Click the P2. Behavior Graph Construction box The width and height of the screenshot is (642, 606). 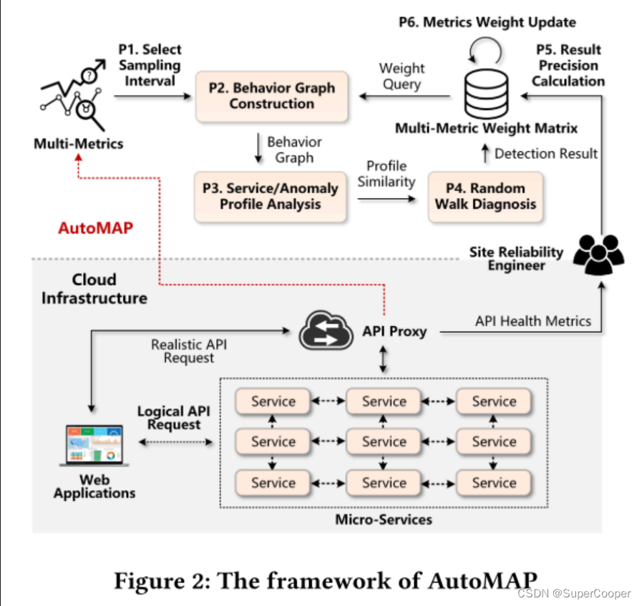click(271, 96)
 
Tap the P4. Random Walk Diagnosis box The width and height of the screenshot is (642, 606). click(485, 197)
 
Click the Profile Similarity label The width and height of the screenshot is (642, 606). click(386, 174)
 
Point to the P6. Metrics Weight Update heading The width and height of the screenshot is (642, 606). click(487, 22)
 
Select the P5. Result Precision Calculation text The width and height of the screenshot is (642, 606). click(569, 65)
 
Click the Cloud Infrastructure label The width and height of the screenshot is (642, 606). click(94, 288)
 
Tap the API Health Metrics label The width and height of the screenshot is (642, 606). click(532, 321)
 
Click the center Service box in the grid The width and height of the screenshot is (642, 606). click(384, 441)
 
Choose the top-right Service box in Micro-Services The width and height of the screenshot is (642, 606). click(494, 401)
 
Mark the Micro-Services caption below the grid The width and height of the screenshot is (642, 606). click(384, 519)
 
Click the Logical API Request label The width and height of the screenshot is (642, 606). click(169, 418)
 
